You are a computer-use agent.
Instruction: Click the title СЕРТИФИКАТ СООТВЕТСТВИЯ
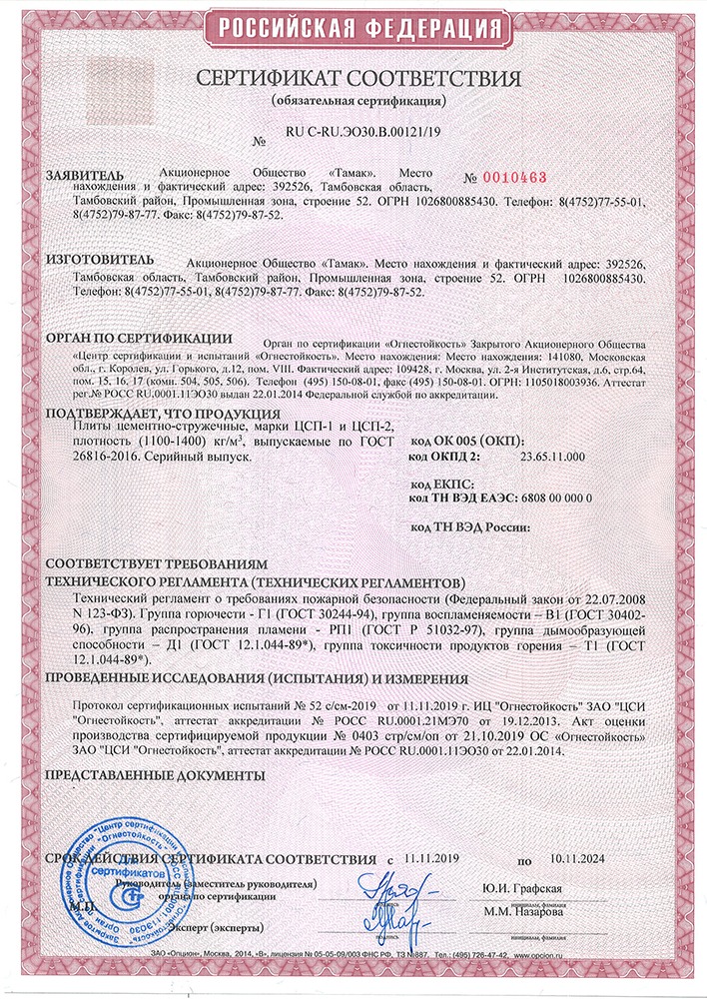point(357,79)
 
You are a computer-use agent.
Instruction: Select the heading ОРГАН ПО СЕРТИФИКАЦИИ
point(140,340)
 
